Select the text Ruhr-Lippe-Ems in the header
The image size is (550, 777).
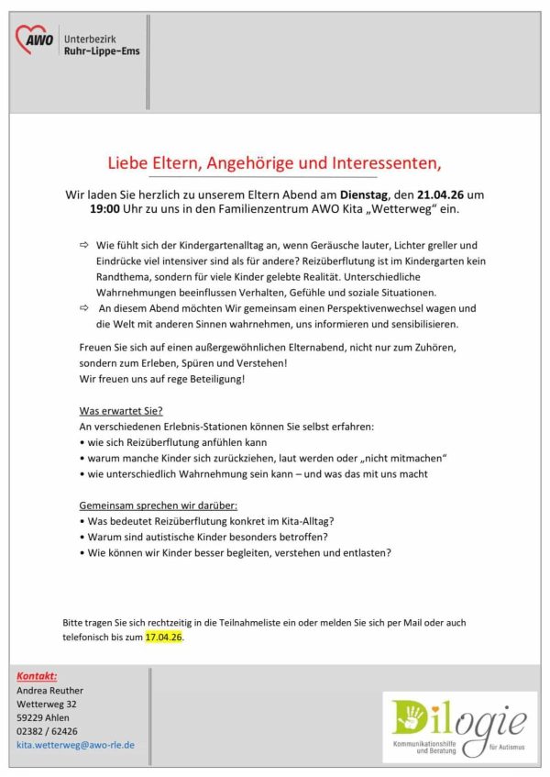tap(102, 51)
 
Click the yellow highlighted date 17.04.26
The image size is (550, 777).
tap(164, 636)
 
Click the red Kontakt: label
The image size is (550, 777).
tap(38, 675)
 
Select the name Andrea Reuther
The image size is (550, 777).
tap(49, 690)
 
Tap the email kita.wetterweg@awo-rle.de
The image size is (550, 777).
tap(76, 745)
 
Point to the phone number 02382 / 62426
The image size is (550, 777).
tap(47, 731)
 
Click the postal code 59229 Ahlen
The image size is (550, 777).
tap(42, 717)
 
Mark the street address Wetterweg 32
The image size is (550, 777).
tap(47, 704)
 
